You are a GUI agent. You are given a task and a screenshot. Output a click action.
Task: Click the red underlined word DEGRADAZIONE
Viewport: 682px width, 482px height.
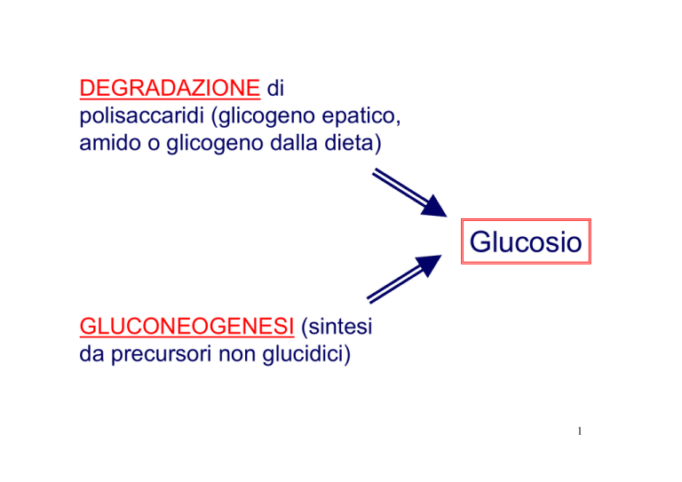pyautogui.click(x=169, y=90)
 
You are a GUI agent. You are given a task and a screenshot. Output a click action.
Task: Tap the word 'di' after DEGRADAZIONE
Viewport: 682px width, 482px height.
pyautogui.click(x=280, y=90)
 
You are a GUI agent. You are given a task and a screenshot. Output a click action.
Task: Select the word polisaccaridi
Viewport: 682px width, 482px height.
pyautogui.click(x=138, y=116)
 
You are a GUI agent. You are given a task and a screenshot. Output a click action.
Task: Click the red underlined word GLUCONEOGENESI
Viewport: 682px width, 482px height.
pyautogui.click(x=187, y=330)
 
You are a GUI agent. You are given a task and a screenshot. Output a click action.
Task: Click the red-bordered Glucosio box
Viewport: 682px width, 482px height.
pyautogui.click(x=526, y=241)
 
